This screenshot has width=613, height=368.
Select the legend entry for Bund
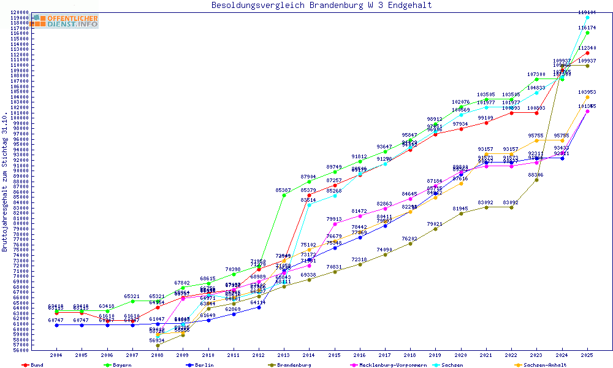point(34,365)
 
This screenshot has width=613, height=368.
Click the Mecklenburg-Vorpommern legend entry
point(389,365)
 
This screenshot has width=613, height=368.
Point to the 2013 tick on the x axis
point(284,355)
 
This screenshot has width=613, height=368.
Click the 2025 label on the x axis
point(587,355)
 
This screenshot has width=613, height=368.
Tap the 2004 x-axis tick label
point(56,355)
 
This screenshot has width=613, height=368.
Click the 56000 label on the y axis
point(21,351)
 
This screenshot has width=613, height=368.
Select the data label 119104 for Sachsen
point(587,12)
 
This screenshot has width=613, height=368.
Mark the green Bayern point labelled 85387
point(284,195)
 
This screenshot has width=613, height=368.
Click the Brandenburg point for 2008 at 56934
point(158,345)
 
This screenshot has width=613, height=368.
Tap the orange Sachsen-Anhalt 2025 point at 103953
point(587,97)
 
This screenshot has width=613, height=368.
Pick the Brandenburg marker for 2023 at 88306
point(536,180)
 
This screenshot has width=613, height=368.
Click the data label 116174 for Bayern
point(587,28)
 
